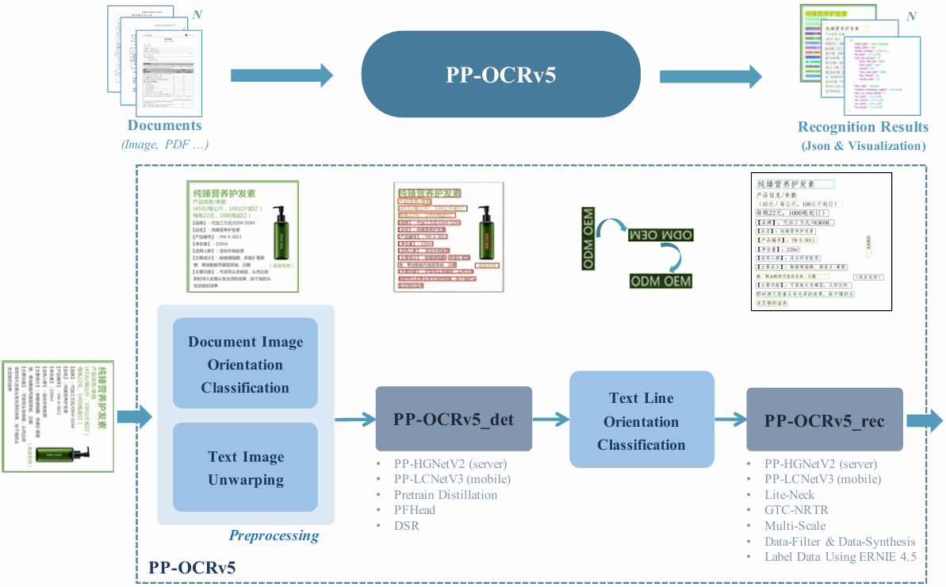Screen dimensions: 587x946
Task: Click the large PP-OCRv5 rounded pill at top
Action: click(x=500, y=75)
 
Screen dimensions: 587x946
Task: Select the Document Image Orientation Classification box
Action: click(x=245, y=365)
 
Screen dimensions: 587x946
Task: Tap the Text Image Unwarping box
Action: click(x=245, y=468)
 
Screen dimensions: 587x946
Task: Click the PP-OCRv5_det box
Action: click(x=453, y=419)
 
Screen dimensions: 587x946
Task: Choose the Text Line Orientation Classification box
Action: click(x=642, y=421)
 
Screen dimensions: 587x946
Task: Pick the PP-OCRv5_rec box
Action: click(x=824, y=420)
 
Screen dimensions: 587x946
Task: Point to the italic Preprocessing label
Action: click(x=274, y=535)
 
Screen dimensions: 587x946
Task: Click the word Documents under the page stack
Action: click(x=165, y=125)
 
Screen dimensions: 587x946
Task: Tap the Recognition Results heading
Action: click(x=863, y=127)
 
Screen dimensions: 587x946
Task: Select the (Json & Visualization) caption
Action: click(x=863, y=146)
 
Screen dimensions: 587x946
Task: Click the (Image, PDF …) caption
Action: click(x=165, y=144)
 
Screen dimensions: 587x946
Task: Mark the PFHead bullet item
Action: click(x=415, y=510)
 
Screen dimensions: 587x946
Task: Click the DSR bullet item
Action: click(x=407, y=525)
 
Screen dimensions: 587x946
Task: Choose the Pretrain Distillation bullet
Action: click(x=446, y=494)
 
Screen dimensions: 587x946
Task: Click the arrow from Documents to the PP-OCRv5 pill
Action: click(x=282, y=75)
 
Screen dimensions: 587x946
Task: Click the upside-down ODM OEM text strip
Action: click(x=661, y=236)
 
